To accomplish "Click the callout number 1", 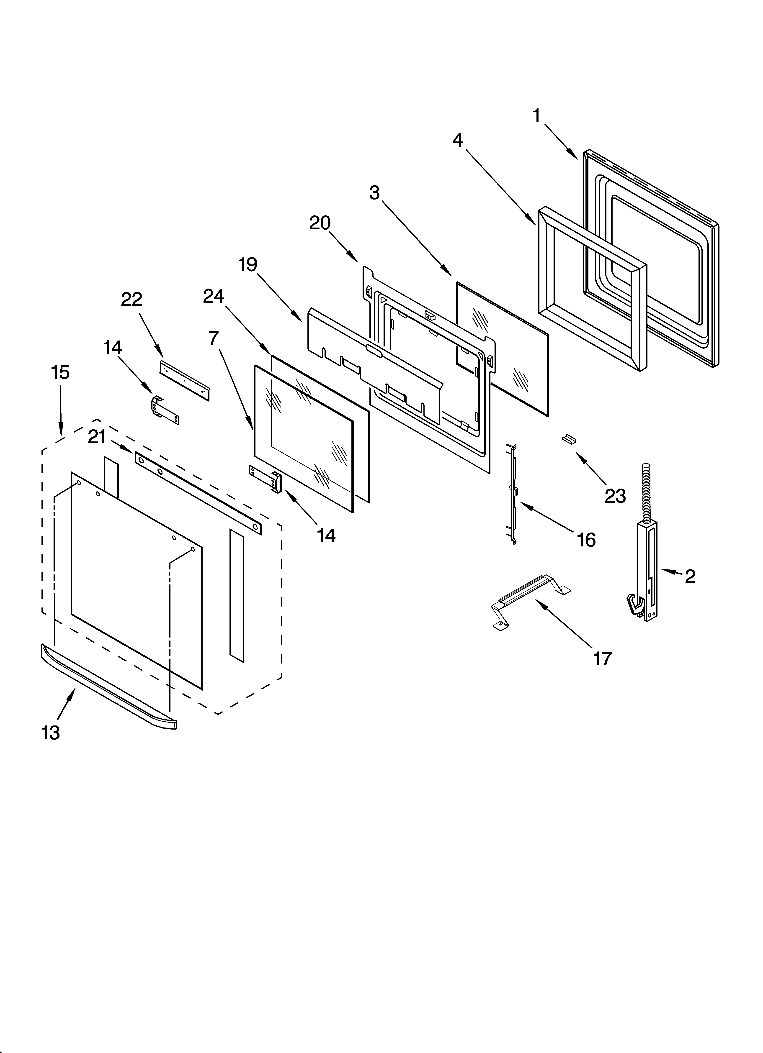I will point(537,116).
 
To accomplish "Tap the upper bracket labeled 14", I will point(165,410).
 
